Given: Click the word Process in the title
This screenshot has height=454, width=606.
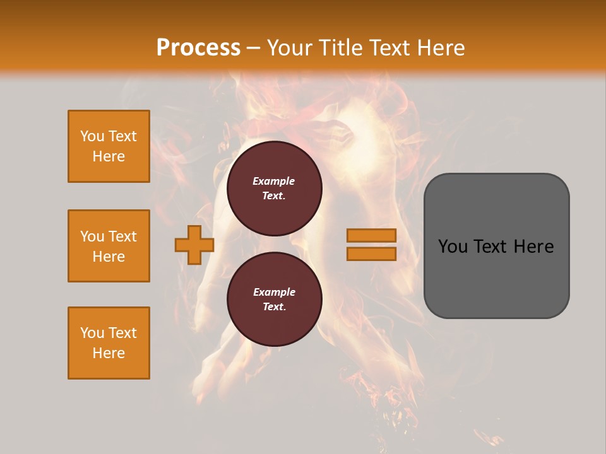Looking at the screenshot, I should pos(198,48).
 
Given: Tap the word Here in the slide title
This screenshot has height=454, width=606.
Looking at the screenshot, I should pos(439,48).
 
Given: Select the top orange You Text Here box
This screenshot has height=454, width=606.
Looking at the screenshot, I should pos(109,146).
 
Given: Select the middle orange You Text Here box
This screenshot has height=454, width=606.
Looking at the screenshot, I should pos(109,246).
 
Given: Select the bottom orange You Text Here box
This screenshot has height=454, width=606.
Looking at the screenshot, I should pos(109,343).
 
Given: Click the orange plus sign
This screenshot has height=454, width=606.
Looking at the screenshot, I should pos(194,245).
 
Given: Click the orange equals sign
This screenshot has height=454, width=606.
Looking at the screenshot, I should pos(371,245).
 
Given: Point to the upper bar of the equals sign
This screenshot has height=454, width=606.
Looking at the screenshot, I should pos(371,235).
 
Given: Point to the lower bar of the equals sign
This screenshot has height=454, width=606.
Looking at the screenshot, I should pos(371,254).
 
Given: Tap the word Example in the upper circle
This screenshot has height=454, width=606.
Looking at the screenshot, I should pos(274,181).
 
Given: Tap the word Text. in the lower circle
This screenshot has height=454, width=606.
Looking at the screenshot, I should pos(274,307).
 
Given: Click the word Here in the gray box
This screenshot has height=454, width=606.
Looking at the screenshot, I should pos(533,247).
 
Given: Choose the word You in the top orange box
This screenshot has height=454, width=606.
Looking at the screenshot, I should pos(91,136).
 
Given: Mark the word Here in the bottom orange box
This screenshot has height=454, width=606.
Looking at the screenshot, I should pos(109,353).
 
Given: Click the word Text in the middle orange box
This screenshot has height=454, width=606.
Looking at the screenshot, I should pos(122,236).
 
